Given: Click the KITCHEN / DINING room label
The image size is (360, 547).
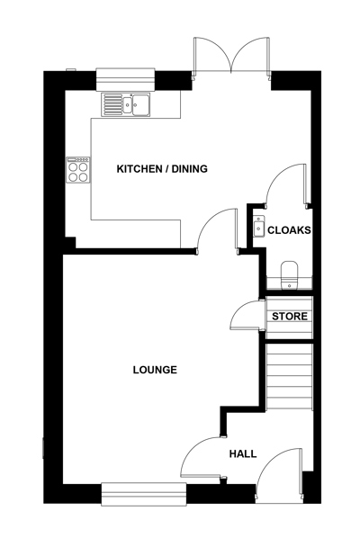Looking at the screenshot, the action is click(162, 169).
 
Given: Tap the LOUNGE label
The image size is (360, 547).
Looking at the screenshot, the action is click(155, 370).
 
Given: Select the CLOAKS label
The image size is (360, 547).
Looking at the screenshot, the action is click(289, 230).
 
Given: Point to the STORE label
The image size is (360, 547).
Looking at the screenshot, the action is click(290, 317).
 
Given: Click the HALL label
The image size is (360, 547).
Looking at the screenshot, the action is click(243, 453).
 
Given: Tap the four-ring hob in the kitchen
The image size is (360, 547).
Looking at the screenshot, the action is click(78, 170).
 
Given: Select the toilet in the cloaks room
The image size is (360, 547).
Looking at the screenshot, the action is click(289, 275).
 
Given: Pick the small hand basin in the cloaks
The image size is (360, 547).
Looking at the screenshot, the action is click(259, 227).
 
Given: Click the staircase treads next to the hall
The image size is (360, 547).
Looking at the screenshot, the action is click(289, 377).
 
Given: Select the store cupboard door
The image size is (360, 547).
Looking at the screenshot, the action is click(245, 315).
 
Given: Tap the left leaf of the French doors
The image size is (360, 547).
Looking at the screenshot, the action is click(211, 55).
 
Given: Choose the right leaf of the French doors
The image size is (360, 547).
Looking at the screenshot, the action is click(250, 55).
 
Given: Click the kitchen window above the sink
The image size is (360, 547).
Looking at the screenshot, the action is click(125, 79).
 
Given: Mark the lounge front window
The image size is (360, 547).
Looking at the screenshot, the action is click(144, 494).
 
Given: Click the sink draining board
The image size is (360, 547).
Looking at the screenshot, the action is click(112, 104).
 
